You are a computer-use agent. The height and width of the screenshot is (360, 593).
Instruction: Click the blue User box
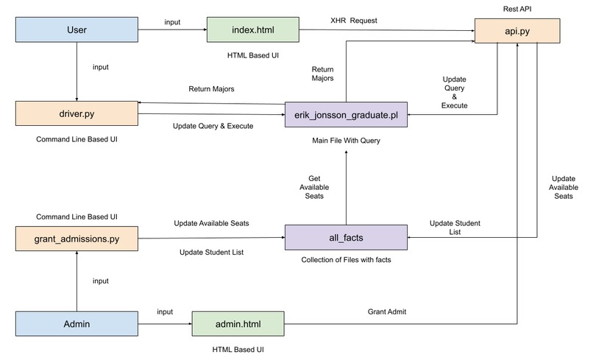(77, 29)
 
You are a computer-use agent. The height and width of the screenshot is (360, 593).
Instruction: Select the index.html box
(253, 29)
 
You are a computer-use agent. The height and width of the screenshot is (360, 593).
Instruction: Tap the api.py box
(517, 31)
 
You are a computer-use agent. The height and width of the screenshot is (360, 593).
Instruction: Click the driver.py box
(77, 113)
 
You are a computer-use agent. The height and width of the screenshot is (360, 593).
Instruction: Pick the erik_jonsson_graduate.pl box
(346, 114)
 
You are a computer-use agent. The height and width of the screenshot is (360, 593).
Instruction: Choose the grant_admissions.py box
(77, 239)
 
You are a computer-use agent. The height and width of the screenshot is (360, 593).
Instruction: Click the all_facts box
(346, 237)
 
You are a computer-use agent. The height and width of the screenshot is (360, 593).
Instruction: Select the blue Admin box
(77, 324)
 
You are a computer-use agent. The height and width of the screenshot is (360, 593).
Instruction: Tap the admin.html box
(238, 324)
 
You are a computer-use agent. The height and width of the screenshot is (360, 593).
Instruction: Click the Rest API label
(517, 9)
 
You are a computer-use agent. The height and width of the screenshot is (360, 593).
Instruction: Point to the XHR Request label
(354, 21)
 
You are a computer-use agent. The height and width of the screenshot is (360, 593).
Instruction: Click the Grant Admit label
(387, 311)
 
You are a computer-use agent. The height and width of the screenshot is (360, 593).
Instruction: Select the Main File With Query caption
(346, 141)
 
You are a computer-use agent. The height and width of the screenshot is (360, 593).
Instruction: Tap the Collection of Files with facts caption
(346, 260)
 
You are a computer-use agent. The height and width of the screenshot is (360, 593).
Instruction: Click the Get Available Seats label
(314, 187)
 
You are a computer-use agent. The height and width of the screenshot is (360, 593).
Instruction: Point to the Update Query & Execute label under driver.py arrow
(213, 126)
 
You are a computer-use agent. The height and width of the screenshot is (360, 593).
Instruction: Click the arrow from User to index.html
(172, 29)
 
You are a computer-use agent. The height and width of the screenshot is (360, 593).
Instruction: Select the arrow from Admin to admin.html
(165, 324)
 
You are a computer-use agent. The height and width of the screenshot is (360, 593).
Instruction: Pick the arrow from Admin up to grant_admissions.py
(77, 281)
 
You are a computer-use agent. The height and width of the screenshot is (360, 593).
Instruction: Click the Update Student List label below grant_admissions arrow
(211, 252)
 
